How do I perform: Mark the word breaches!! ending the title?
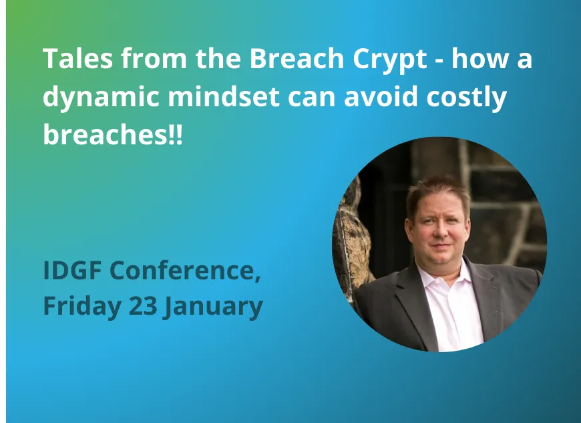pos(112,135)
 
